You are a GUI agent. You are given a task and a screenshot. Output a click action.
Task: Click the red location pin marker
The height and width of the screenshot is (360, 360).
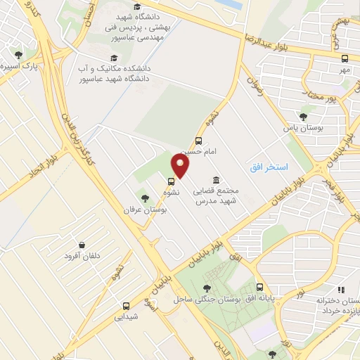click(x=181, y=165)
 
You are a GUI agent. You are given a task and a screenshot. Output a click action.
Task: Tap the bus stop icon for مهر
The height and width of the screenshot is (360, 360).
click(x=345, y=59)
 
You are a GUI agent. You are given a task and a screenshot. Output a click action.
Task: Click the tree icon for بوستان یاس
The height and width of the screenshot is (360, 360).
click(x=303, y=117)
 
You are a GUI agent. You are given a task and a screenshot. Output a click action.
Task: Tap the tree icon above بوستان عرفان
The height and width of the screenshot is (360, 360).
click(x=145, y=198)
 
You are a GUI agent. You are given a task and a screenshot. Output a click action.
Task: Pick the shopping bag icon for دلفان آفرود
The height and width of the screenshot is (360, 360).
click(x=84, y=245)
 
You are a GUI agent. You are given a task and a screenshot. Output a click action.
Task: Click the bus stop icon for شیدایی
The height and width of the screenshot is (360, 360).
click(x=126, y=306)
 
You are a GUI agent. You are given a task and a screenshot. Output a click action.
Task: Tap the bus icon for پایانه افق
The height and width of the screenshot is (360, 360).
click(x=260, y=287)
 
